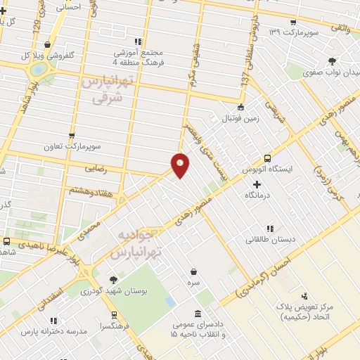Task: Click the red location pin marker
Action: point(181,164)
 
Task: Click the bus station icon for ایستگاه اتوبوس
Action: point(267,159)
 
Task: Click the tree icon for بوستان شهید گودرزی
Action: point(113,279)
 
